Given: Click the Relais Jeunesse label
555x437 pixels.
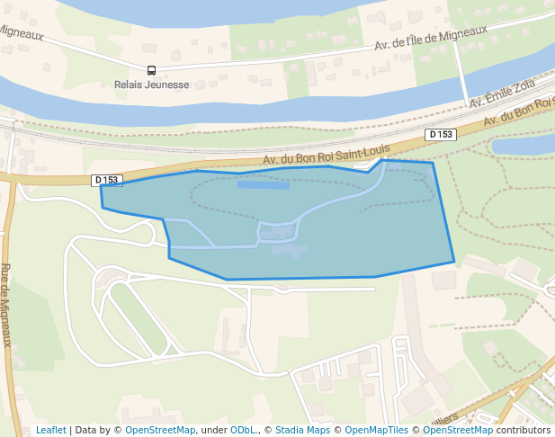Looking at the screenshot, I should [x=152, y=85].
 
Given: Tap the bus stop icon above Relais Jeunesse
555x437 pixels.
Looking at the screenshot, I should [x=151, y=70].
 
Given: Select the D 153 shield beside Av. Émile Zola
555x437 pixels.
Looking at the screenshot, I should [x=441, y=134].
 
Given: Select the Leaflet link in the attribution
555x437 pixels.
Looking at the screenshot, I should [x=50, y=430].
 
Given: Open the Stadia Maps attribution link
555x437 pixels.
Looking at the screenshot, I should [x=302, y=430].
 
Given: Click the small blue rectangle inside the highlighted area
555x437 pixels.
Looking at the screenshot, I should [x=264, y=185].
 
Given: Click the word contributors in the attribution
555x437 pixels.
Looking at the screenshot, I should [x=523, y=430].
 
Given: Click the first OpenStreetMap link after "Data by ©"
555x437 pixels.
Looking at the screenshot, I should [x=159, y=430].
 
